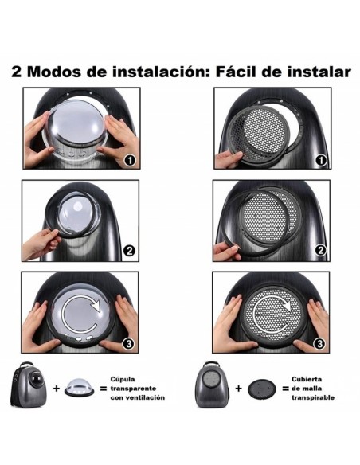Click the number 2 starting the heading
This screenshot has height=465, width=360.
tap(17, 72)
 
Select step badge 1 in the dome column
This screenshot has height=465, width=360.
tap(130, 161)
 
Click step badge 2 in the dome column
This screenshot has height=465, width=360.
tap(130, 251)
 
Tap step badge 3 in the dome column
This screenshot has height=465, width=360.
tap(130, 344)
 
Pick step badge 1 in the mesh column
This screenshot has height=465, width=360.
tap(320, 161)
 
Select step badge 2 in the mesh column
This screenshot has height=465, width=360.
tap(320, 251)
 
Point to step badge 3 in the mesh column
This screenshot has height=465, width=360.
tap(320, 344)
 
